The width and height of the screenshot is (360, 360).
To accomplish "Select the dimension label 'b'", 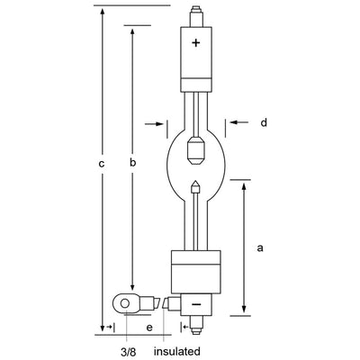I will pyautogui.click(x=132, y=163).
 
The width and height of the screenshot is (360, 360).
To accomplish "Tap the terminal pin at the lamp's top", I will pyautogui.click(x=197, y=15).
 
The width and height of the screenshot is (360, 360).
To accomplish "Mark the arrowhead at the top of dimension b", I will pyautogui.click(x=132, y=30).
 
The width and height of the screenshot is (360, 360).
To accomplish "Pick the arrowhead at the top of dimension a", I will pyautogui.click(x=244, y=184).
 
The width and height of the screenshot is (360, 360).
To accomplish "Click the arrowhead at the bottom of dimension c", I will pyautogui.click(x=102, y=330).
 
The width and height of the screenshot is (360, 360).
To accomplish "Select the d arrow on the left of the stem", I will pyautogui.click(x=161, y=122).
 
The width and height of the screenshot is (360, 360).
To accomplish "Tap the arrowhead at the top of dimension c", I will pyautogui.click(x=102, y=9).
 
